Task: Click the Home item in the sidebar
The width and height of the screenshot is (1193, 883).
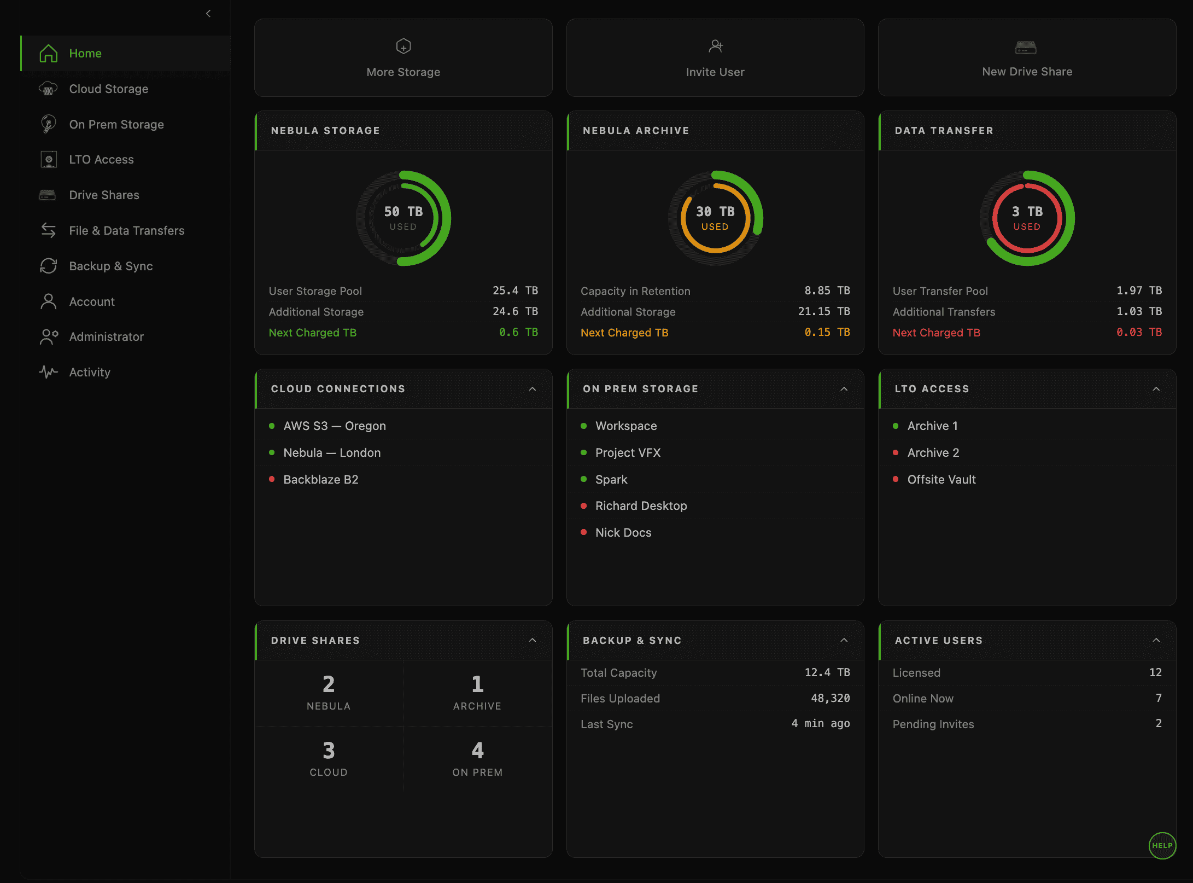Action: point(85,54)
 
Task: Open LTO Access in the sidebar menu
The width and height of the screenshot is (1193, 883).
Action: point(101,160)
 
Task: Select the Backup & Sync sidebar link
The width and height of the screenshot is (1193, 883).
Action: point(110,266)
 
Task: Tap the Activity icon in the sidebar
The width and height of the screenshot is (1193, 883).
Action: point(49,372)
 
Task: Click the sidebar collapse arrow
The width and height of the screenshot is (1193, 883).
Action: point(208,14)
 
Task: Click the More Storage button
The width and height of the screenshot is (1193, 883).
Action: point(403,58)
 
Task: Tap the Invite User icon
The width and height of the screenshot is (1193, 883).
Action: point(715,47)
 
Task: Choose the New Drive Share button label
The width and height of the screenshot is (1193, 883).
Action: point(1027,72)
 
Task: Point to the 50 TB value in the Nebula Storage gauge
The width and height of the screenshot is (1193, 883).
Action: point(403,212)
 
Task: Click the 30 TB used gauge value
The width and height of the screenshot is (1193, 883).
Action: point(715,212)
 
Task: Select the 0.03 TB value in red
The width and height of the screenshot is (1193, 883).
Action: point(1139,332)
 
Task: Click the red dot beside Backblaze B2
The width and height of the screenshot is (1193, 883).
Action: point(272,479)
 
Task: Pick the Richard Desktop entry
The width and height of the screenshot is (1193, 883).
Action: point(641,506)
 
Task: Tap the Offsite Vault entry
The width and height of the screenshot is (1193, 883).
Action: point(941,480)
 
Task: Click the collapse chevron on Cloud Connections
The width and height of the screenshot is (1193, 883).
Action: point(533,389)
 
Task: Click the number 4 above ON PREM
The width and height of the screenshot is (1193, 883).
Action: point(477,751)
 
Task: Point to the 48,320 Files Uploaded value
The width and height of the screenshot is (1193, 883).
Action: point(830,698)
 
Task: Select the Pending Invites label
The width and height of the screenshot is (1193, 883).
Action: point(933,724)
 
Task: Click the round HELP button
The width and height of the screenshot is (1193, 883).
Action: point(1162,845)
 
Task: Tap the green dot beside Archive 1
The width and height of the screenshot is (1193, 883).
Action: point(896,426)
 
